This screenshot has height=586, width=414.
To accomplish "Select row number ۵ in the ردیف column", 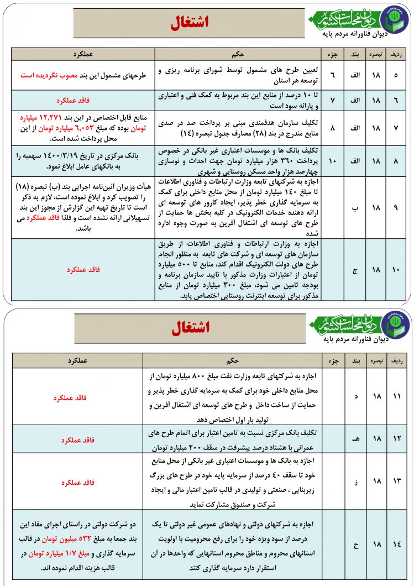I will click(395, 75).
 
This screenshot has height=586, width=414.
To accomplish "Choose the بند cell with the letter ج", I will click(355, 270).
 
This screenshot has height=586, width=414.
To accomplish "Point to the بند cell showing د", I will click(355, 397).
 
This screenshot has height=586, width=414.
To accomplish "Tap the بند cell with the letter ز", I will click(355, 482).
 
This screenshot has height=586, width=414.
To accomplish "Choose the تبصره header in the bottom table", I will click(376, 360).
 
